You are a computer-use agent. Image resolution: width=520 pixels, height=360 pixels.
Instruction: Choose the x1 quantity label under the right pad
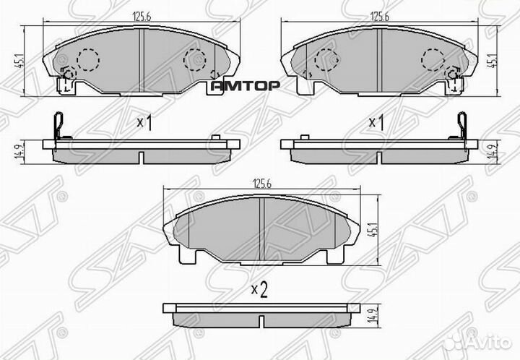376,123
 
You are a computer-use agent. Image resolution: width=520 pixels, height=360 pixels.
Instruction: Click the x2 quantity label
259,291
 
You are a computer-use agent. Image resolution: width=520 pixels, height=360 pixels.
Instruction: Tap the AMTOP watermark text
244,85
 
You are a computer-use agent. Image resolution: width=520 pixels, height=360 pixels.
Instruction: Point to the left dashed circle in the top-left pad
87,57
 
